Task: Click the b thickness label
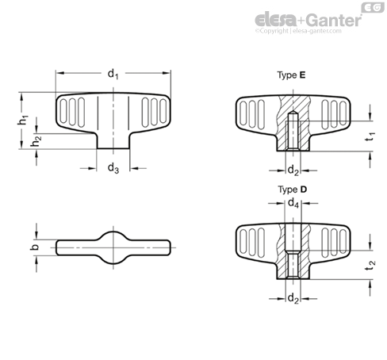[33, 248]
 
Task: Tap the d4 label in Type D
[293, 204]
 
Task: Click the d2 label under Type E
[293, 169]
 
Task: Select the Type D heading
[292, 190]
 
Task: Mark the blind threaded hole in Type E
[293, 131]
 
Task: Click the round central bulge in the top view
[113, 247]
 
